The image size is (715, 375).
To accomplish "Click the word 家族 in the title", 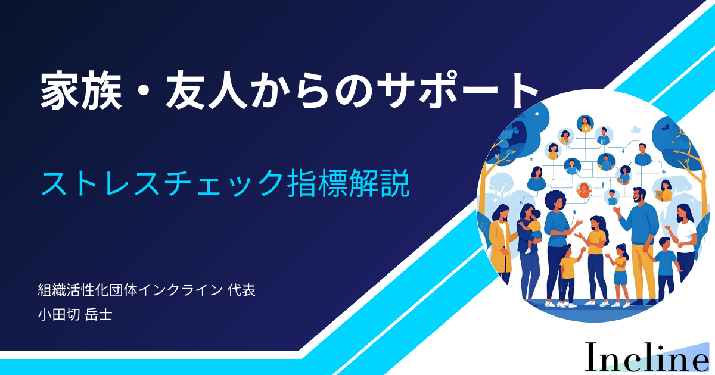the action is [x=81, y=90].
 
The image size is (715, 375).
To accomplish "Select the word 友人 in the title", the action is [x=207, y=90].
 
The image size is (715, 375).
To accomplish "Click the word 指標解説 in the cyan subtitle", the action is [x=349, y=183].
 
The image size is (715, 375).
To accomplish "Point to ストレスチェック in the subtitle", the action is [x=163, y=183].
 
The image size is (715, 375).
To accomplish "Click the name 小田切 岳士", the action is [x=75, y=314].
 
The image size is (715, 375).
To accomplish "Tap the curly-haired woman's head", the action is [x=555, y=202].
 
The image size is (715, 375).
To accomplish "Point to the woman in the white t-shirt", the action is [x=684, y=242].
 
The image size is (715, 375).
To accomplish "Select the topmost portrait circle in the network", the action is [x=585, y=123].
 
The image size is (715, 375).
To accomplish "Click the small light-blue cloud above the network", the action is [x=636, y=130].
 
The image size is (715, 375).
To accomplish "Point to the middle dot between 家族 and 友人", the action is [x=144, y=92].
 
